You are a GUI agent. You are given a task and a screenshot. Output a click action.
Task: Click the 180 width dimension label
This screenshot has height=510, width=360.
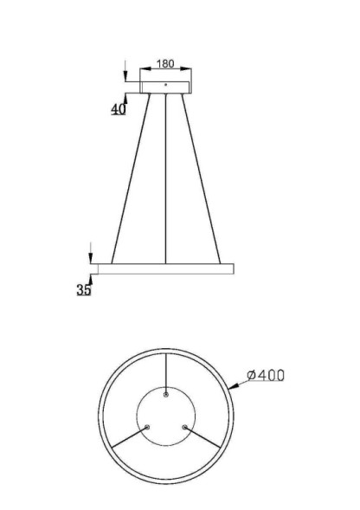coord(165,64)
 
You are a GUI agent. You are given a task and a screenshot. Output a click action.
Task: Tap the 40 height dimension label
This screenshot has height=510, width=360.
coord(118,109)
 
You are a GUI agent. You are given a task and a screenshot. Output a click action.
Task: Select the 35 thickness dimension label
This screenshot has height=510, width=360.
coord(83,290)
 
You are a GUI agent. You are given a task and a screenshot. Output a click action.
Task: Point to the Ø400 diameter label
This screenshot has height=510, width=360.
coord(266,375)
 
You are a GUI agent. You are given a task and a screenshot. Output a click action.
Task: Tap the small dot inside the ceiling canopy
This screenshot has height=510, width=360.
coord(165,84)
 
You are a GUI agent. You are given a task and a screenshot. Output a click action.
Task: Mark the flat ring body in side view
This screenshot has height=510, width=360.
coord(165,268)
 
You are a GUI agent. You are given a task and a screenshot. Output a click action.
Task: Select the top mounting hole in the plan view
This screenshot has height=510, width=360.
coord(165,394)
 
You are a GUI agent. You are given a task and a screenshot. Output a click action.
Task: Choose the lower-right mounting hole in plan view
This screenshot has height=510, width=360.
coord(184,427)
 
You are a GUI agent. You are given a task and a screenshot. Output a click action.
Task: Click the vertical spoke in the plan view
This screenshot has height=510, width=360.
coord(165,372)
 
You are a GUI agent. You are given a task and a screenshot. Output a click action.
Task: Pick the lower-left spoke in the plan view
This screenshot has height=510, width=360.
coord(127,437)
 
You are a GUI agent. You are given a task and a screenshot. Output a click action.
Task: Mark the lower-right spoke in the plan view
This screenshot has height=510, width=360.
coord(203,437)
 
